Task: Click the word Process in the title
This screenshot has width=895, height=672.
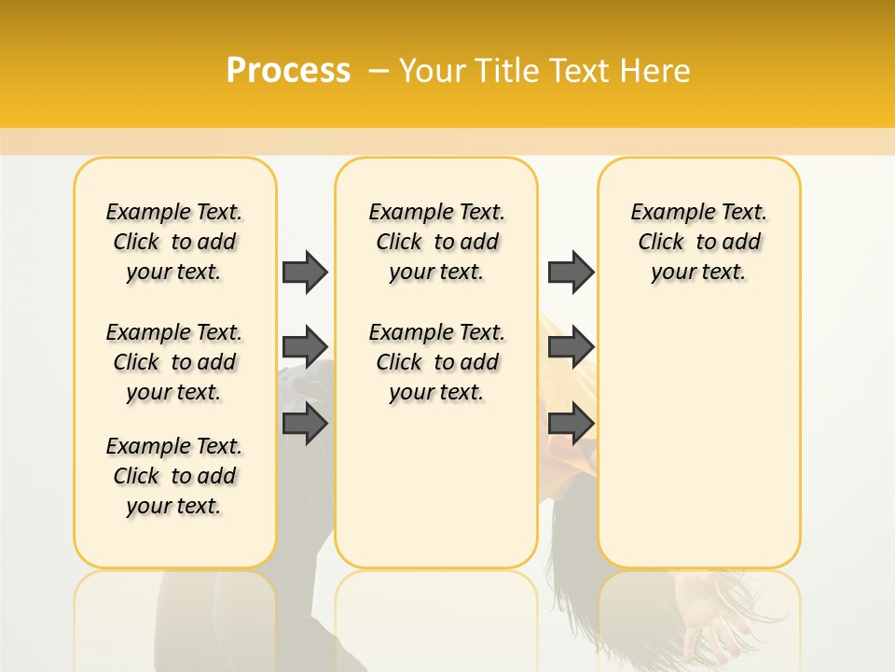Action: click(288, 71)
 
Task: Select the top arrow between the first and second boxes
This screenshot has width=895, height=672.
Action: click(305, 272)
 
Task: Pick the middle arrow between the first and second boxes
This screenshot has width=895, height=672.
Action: click(305, 347)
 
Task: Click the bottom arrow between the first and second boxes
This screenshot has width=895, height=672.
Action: click(305, 423)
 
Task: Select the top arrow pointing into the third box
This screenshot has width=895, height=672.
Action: click(571, 272)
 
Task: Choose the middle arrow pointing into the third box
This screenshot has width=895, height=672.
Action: click(571, 347)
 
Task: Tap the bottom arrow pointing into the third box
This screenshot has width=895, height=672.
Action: click(571, 423)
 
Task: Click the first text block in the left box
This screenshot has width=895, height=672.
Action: click(174, 242)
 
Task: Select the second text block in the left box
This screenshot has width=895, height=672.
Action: click(174, 362)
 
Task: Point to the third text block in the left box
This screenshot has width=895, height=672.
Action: click(174, 476)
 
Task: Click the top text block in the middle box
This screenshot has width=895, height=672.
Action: click(436, 242)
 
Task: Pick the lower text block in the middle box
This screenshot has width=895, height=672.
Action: click(436, 362)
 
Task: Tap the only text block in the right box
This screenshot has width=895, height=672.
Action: click(698, 242)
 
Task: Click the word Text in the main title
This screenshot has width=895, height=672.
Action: click(582, 71)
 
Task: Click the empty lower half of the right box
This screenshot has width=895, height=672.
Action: click(698, 448)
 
